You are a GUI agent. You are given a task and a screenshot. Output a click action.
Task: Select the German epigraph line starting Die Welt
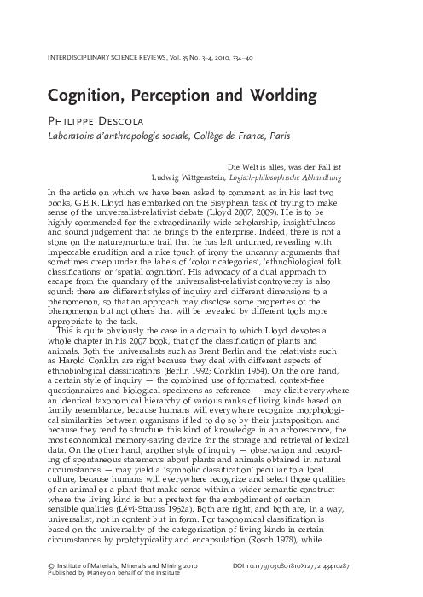click(312, 166)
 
